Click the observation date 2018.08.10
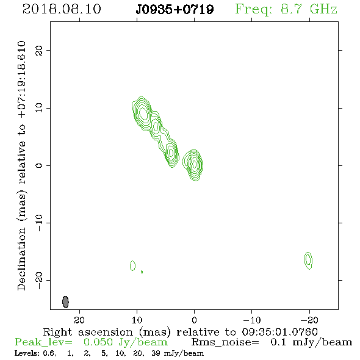pyautogui.click(x=62, y=9)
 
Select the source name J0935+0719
pyautogui.click(x=175, y=9)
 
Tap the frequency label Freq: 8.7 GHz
pyautogui.click(x=286, y=9)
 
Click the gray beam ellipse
pyautogui.click(x=65, y=301)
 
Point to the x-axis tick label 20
pyautogui.click(x=79, y=320)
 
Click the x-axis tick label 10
pyautogui.click(x=137, y=320)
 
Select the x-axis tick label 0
pyautogui.click(x=195, y=320)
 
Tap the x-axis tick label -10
pyautogui.click(x=252, y=320)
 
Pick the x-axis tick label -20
pyautogui.click(x=309, y=320)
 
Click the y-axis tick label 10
pyautogui.click(x=39, y=108)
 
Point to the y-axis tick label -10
pyautogui.click(x=39, y=223)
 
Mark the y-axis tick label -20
pyautogui.click(x=39, y=280)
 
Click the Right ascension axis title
pyautogui.click(x=181, y=332)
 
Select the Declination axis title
pyautogui.click(x=21, y=165)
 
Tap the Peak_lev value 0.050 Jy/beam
pyautogui.click(x=125, y=342)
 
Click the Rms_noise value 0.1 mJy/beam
pyautogui.click(x=311, y=342)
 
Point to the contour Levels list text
pyautogui.click(x=109, y=353)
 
